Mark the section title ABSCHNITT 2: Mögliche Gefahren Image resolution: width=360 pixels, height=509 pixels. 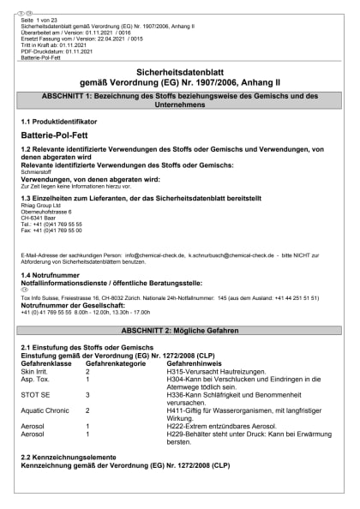pos(179,329)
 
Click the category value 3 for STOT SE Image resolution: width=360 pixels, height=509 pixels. pos(87,394)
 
